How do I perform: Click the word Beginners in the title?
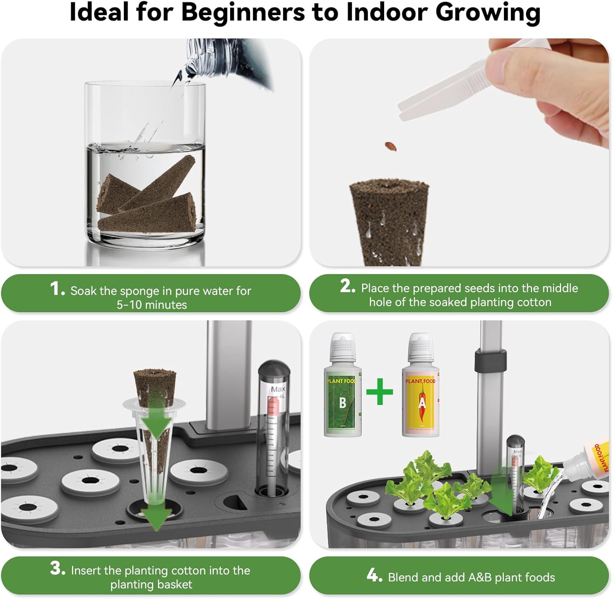coord(243,12)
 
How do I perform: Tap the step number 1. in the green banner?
coord(57,289)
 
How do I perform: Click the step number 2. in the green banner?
coord(347,286)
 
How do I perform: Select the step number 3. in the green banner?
coord(58,568)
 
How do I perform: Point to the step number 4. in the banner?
coord(374,576)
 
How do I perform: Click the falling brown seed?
coord(391,146)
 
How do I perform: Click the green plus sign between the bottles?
coord(379,391)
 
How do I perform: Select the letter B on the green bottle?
coord(342,403)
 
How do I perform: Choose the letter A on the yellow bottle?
coord(422,403)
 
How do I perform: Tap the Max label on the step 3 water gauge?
coord(278,389)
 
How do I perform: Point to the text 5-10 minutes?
coord(152,305)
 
